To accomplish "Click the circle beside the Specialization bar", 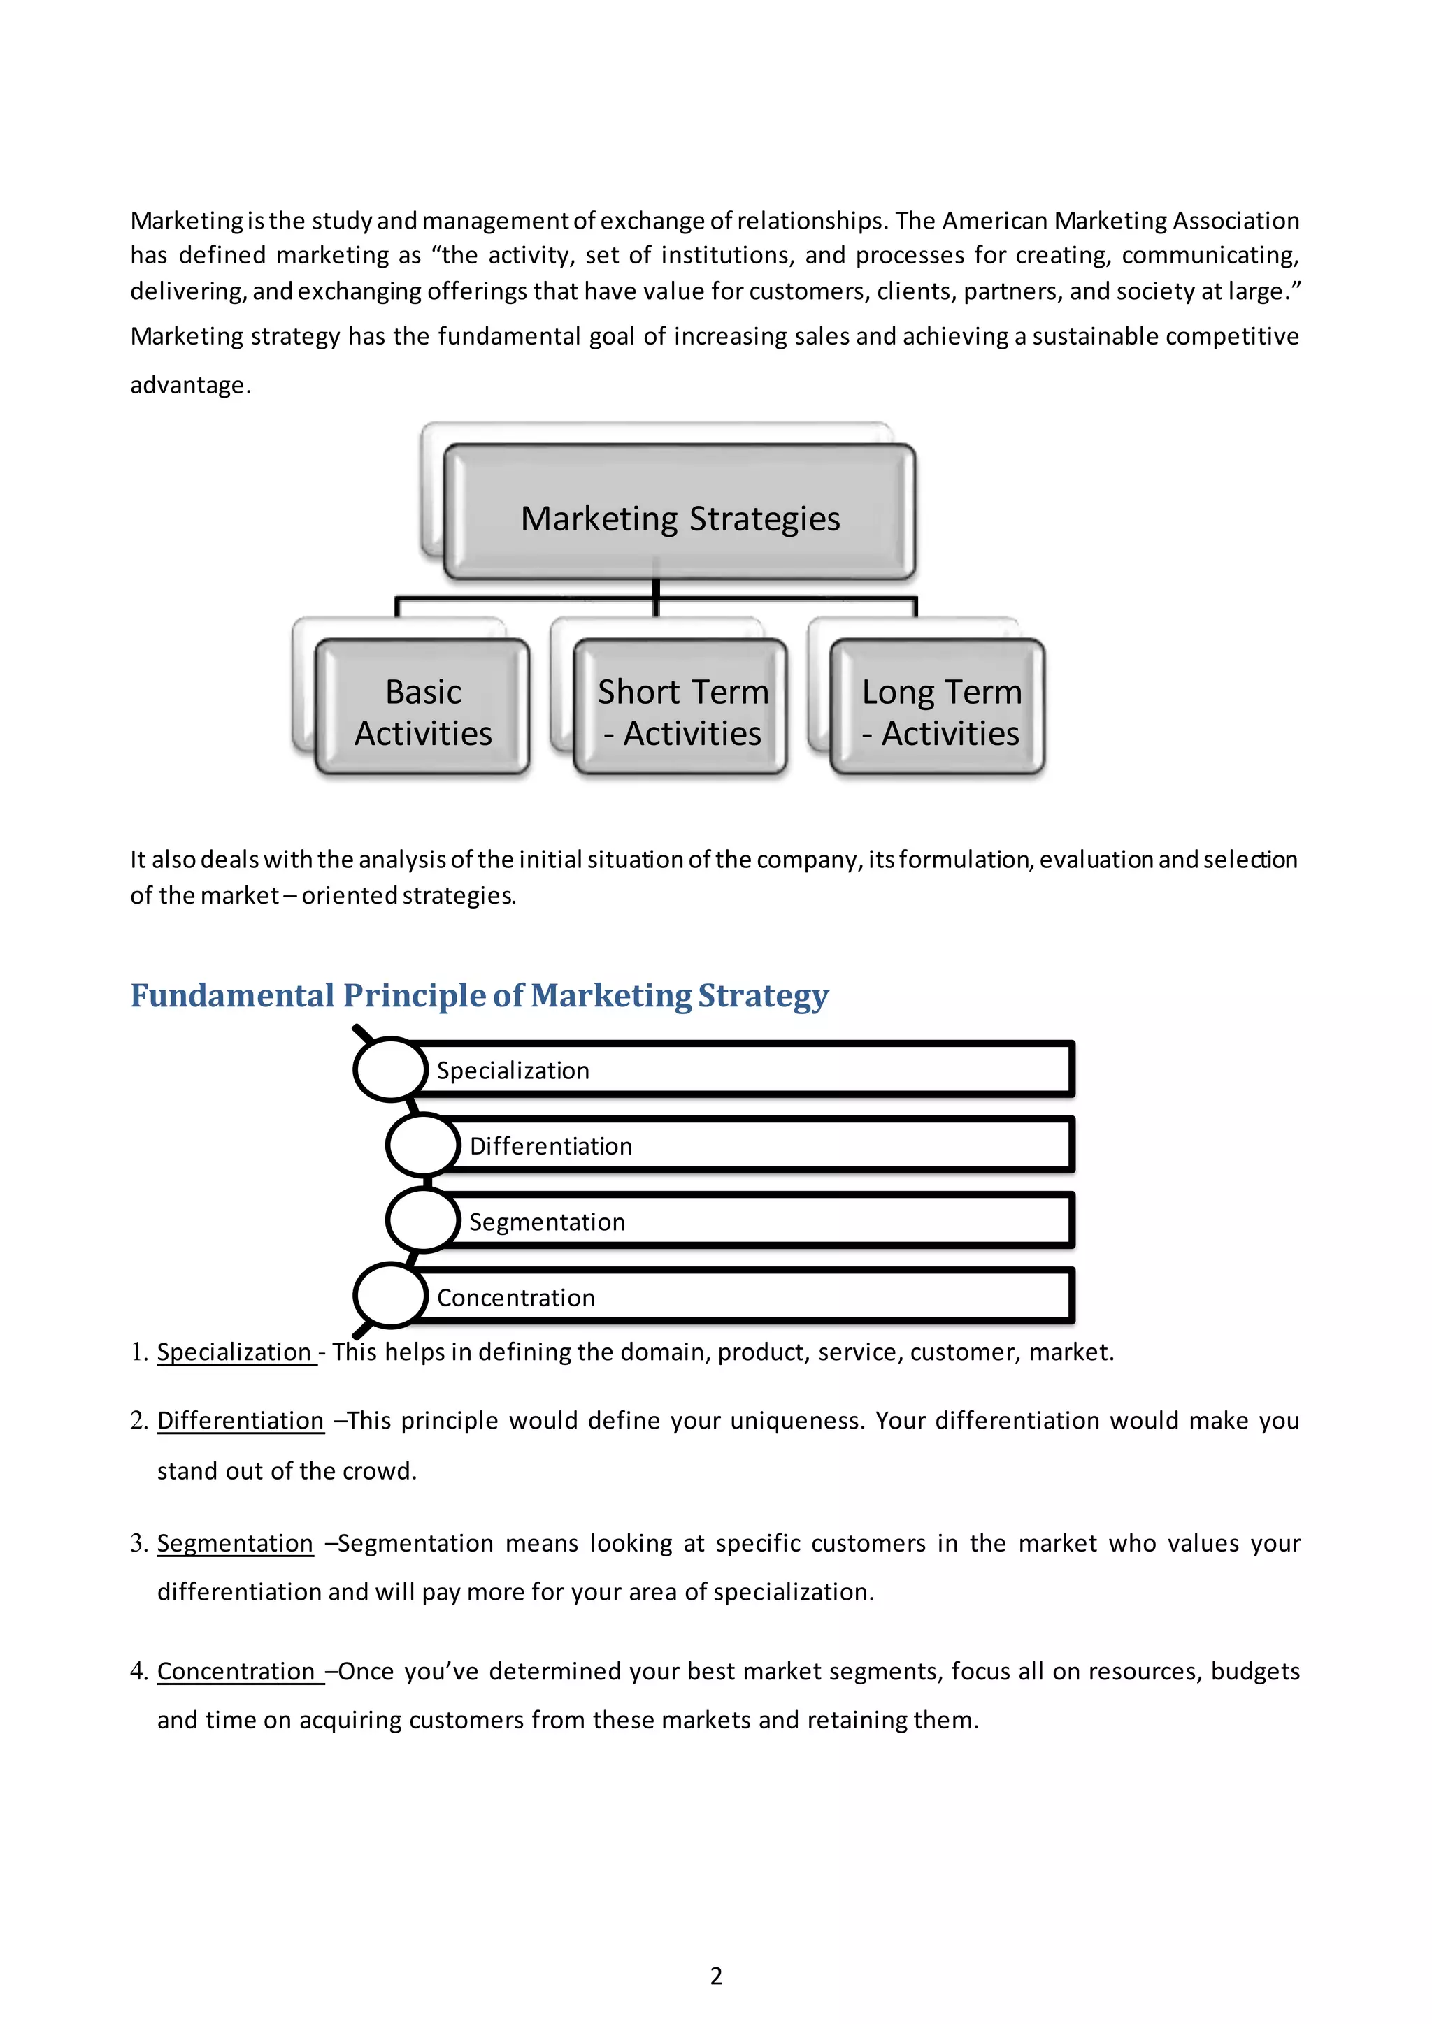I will [x=391, y=1069].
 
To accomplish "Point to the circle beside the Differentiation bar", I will [x=423, y=1145].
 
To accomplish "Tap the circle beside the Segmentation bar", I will [x=423, y=1221].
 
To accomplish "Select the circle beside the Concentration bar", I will [x=391, y=1296].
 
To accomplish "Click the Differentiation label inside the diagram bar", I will [x=550, y=1146].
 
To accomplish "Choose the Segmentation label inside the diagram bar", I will [x=547, y=1222].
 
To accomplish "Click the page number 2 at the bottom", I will [x=716, y=1976].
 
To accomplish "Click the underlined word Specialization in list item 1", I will [x=234, y=1352].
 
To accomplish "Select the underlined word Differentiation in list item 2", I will [x=240, y=1420].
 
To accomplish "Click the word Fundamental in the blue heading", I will [x=232, y=995].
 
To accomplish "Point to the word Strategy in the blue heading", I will [x=763, y=996].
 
